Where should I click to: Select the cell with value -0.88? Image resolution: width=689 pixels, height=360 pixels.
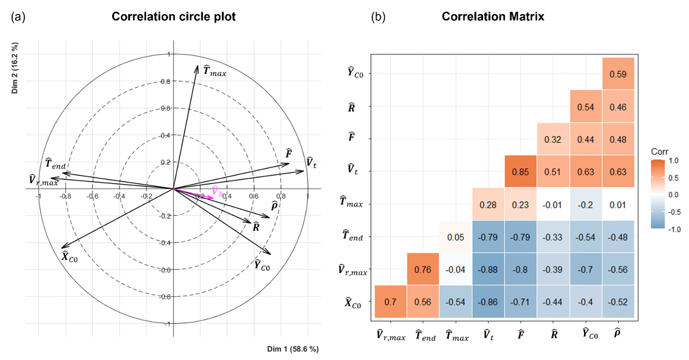click(488, 269)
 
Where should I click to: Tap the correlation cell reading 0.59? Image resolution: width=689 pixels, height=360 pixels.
click(618, 74)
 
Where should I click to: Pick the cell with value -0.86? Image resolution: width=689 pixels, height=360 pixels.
click(488, 302)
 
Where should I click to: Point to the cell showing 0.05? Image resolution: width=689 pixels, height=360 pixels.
click(455, 237)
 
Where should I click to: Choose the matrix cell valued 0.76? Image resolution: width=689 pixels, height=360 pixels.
click(423, 269)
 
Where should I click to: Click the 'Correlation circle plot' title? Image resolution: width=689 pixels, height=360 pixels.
click(173, 17)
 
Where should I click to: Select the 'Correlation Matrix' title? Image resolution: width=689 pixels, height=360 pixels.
click(493, 17)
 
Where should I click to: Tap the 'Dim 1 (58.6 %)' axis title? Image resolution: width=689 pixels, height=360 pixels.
click(293, 349)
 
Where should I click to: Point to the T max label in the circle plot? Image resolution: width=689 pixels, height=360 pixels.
click(215, 71)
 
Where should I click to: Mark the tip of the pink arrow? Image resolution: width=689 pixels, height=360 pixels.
click(214, 198)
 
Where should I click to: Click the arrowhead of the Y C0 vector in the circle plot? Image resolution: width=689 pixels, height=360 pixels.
click(270, 254)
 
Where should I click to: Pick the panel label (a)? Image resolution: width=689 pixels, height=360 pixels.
click(18, 17)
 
